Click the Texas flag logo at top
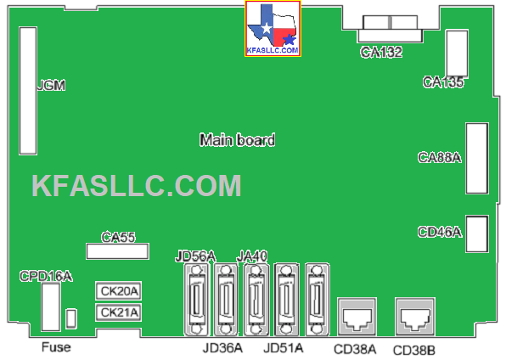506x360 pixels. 273,29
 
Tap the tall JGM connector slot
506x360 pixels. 28,91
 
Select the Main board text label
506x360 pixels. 237,140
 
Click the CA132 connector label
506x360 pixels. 381,52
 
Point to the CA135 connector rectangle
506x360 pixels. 458,53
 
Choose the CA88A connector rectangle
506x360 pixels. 477,158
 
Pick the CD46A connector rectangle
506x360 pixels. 477,233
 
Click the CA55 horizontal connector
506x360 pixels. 117,251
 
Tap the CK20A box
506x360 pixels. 119,291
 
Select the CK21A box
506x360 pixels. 119,312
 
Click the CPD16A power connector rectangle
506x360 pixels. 51,307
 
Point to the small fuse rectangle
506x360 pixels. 71,319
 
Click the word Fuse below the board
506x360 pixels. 56,347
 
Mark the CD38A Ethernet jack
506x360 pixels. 357,317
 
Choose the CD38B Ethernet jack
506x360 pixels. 415,317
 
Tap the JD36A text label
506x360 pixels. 222,348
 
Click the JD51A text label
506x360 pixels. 284,348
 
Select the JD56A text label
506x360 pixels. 195,256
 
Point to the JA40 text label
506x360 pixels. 252,256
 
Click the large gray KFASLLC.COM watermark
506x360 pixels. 137,185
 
